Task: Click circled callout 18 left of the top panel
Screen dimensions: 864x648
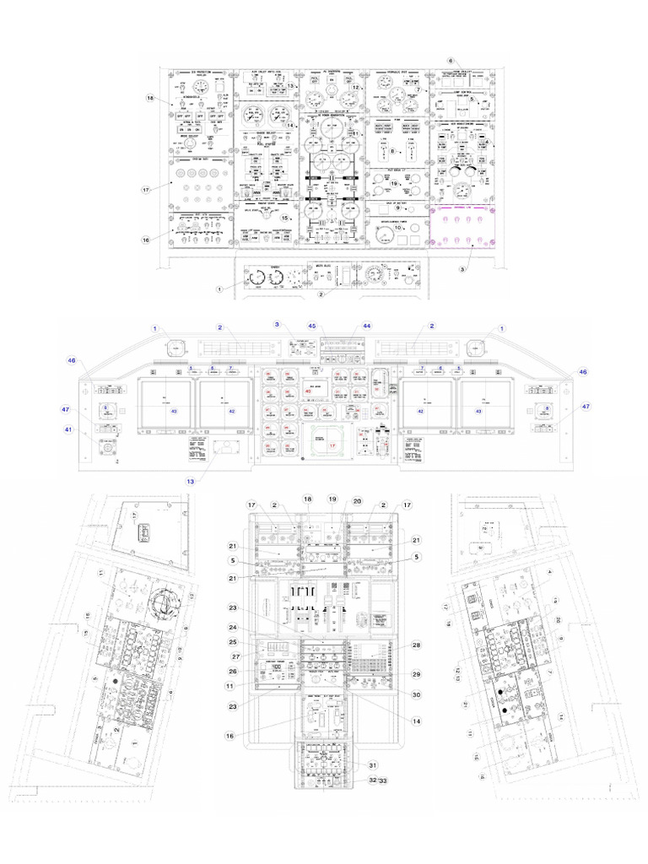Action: (150, 99)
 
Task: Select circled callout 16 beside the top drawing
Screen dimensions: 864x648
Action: (145, 240)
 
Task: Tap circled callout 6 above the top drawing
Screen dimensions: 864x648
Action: (451, 61)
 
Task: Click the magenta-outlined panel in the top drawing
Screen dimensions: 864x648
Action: (462, 226)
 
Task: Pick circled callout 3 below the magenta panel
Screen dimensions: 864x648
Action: (462, 269)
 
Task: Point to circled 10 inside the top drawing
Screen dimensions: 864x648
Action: (397, 228)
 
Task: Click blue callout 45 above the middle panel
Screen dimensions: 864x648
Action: (311, 326)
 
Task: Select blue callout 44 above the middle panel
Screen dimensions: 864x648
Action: (366, 326)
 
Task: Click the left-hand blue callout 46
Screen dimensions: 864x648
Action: (72, 360)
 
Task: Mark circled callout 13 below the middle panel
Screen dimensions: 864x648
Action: (191, 481)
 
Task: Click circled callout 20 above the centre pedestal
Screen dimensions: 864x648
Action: (357, 499)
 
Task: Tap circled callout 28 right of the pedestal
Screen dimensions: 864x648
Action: (415, 645)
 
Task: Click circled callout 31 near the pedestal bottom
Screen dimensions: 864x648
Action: (373, 764)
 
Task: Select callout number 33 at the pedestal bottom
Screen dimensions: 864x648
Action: (384, 781)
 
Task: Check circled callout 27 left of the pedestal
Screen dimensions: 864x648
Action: (237, 656)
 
